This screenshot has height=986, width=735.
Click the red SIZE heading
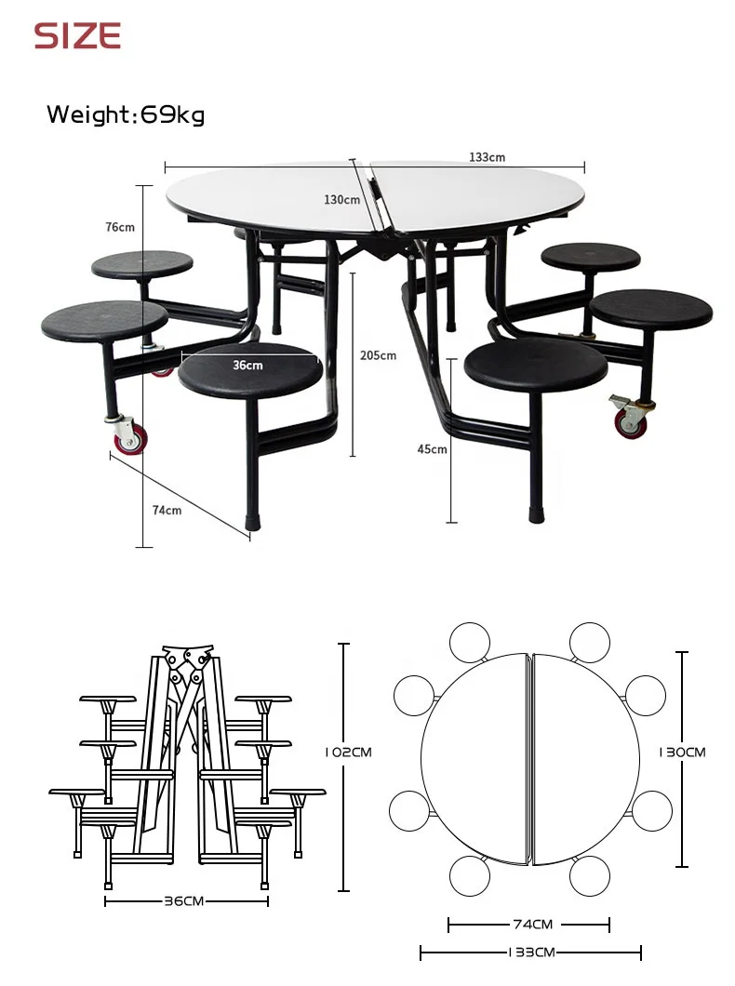pos(77,36)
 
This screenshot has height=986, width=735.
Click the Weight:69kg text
pos(126,114)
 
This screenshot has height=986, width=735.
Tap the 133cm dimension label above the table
pos(487,157)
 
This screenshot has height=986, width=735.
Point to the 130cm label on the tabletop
pos(341,199)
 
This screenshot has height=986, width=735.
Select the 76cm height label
pos(120,227)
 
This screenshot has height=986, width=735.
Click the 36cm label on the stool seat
pos(247,366)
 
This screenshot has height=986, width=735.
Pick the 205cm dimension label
pos(378,355)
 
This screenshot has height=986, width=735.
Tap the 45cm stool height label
pos(432,449)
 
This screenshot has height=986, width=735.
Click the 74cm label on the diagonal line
pos(167,510)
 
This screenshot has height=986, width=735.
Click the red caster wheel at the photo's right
pos(630,423)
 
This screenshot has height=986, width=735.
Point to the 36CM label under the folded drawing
pos(184,900)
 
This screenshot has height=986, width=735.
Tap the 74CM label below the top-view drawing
pos(533,925)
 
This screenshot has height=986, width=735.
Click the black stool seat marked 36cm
pos(250,371)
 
